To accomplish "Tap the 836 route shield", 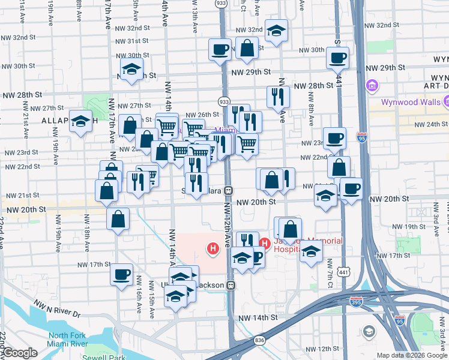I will pos(259,340).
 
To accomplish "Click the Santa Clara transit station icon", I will pos(229,191).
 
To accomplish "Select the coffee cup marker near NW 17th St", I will pos(122,275).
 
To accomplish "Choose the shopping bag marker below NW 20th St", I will pos(118,220).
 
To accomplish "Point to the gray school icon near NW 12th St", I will pos(369,332).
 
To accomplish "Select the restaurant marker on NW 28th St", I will pos(278,97).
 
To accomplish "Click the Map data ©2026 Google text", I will pos(412,355).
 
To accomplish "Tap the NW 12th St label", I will pos(325,349).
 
